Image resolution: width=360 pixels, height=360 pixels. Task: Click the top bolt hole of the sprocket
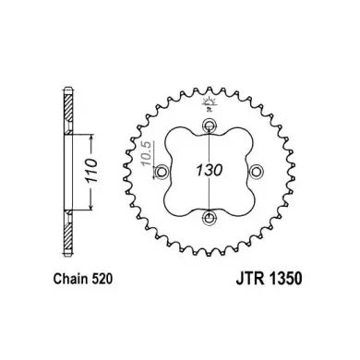tap(210, 125)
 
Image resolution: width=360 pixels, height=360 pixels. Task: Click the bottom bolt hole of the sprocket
tap(210, 218)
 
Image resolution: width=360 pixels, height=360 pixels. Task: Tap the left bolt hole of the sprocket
tap(162, 172)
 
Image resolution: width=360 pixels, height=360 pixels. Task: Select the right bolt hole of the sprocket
tap(256, 172)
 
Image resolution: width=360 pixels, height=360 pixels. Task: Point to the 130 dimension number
tap(210, 170)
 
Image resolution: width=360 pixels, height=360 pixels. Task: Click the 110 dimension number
tap(91, 171)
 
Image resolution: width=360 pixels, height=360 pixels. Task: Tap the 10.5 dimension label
tap(147, 153)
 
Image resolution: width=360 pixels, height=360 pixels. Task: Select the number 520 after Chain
tap(102, 279)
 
